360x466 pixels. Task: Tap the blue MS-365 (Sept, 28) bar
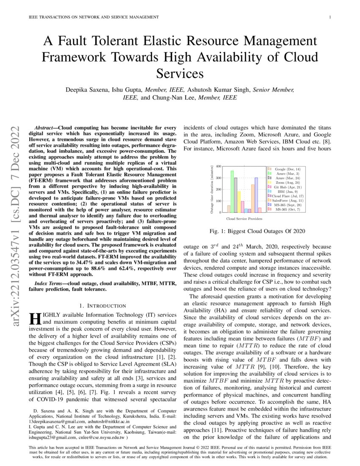click(256, 195)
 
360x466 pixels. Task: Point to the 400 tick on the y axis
click(219, 166)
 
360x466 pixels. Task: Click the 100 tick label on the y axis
click(219, 201)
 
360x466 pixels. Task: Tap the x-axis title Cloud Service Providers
click(244, 219)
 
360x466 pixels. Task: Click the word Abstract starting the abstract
click(43, 128)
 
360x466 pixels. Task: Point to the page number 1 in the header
click(330, 17)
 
